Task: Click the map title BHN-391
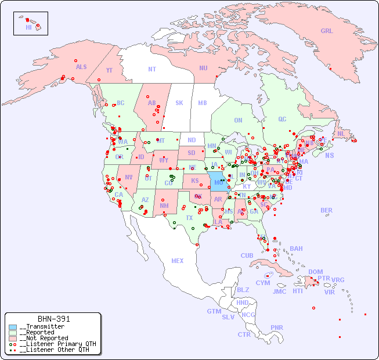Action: [53, 319]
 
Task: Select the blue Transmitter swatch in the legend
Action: [13, 327]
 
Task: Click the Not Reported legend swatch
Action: [13, 338]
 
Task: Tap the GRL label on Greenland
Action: [327, 31]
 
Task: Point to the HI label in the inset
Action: [28, 27]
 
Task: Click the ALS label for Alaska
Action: [81, 67]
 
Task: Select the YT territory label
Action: [109, 70]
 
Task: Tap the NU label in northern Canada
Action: [203, 68]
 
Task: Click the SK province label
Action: [179, 103]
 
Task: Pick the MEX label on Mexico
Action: [178, 261]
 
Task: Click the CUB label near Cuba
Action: [247, 255]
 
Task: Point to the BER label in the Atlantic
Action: [327, 210]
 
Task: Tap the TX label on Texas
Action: [189, 218]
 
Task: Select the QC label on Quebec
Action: [282, 119]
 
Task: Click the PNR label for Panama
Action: [277, 327]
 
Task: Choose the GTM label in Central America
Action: [214, 311]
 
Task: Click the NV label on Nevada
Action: [128, 177]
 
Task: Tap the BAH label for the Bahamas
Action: [296, 249]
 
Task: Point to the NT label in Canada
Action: [152, 69]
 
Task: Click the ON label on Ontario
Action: [238, 121]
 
